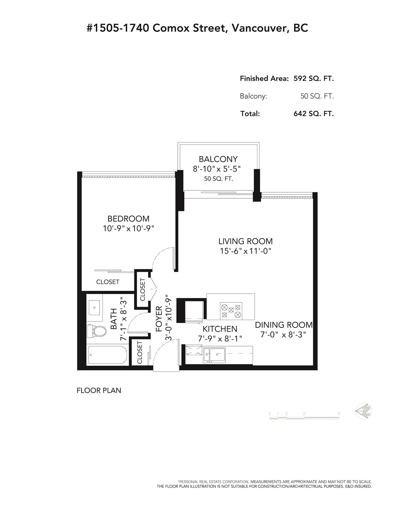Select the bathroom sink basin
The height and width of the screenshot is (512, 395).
[94, 307]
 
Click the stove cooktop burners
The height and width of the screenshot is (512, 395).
[231, 311]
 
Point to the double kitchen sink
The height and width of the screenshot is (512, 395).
[214, 355]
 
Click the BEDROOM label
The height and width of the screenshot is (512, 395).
[128, 219]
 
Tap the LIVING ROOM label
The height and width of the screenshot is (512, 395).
[245, 241]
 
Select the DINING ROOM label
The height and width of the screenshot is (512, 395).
[284, 325]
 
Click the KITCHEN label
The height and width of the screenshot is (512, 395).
[220, 329]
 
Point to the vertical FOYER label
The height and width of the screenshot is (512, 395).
[159, 319]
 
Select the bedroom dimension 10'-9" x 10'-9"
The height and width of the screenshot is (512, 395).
[129, 229]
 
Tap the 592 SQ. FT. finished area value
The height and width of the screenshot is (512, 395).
[313, 78]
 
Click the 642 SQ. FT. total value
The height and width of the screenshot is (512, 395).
[313, 114]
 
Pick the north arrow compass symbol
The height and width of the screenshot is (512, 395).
[363, 411]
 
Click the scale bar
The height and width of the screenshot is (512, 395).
[304, 418]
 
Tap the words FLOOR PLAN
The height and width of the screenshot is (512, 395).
[99, 390]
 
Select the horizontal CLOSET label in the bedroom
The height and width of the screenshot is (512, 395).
[108, 282]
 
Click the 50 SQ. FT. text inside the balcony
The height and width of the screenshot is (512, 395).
[218, 179]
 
